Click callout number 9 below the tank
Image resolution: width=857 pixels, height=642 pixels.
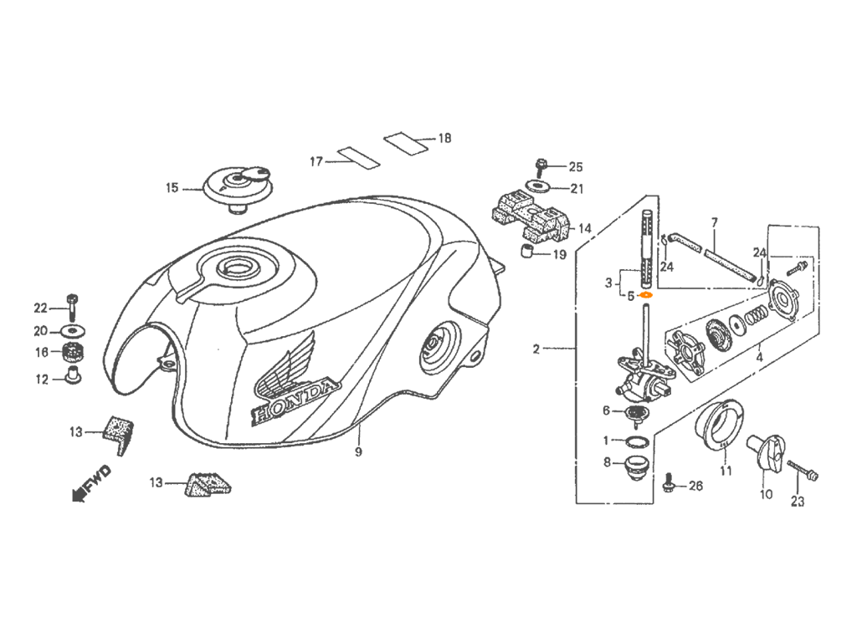358,452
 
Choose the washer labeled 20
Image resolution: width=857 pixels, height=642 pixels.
72,331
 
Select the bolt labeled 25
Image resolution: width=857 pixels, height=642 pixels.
541,166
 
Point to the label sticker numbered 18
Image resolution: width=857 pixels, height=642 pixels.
405,142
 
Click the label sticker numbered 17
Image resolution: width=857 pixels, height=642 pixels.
358,156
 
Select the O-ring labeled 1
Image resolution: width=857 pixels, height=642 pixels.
637,441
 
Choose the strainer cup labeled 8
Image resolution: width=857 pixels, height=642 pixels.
636,468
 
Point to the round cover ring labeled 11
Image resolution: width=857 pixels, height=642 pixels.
719,427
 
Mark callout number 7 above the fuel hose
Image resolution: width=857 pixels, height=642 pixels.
714,222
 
